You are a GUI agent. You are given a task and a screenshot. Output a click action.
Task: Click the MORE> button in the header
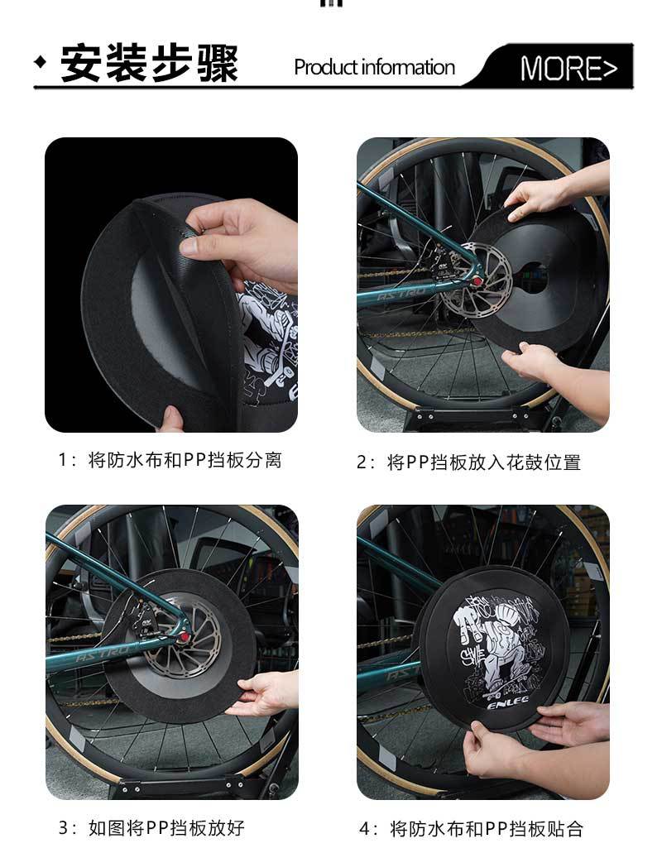tap(568, 69)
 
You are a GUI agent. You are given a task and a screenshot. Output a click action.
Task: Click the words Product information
tap(374, 68)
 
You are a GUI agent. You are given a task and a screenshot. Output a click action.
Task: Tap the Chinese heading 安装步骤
tap(149, 63)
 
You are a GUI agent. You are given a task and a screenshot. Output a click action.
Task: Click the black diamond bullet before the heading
tap(41, 62)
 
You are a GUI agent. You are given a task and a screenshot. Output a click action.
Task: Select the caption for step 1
tap(170, 460)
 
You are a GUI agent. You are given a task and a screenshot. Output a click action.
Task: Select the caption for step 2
tap(468, 462)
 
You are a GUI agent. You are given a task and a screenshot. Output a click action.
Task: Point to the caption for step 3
tap(151, 827)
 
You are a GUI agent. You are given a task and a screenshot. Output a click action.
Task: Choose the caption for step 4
tap(471, 828)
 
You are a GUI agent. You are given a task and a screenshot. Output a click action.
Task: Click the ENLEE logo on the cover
tap(507, 705)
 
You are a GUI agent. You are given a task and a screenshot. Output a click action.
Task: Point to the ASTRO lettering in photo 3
tap(103, 654)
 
